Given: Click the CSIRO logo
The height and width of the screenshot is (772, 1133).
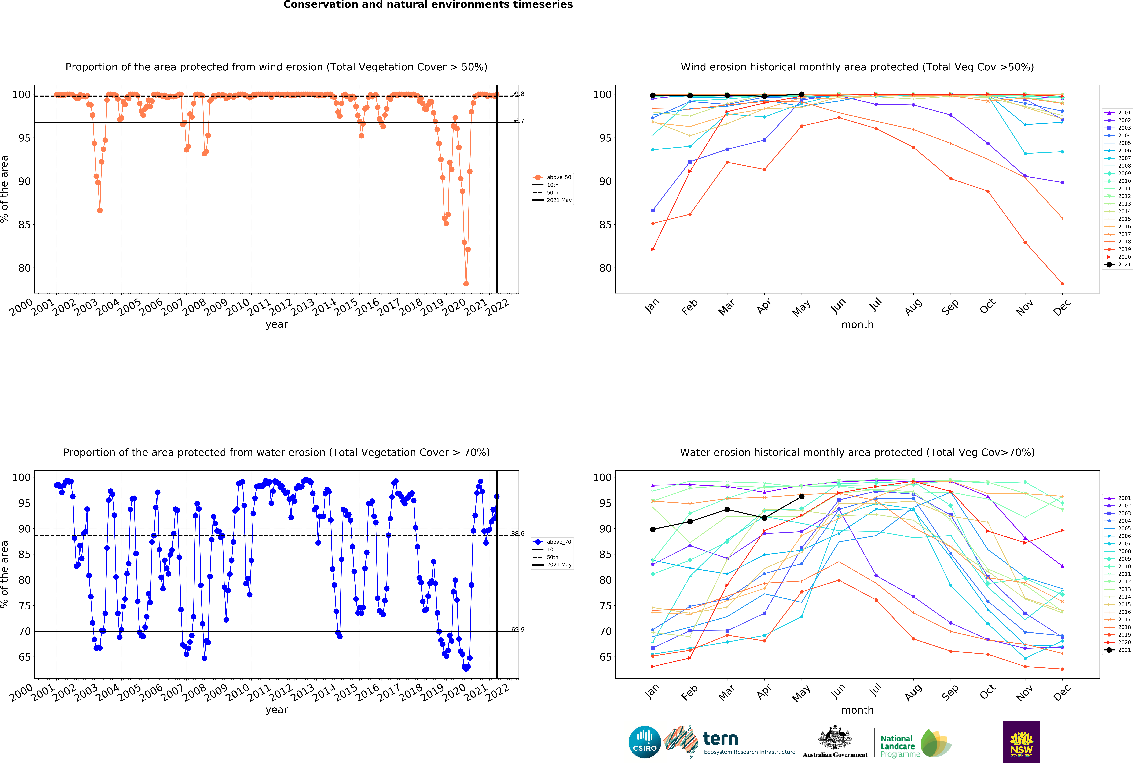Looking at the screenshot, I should (645, 742).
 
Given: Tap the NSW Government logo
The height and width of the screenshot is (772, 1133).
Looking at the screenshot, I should (1021, 742).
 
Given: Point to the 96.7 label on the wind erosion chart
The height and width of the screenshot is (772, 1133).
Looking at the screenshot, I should (517, 121).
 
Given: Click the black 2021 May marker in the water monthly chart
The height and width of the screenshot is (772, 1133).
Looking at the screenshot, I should (801, 497).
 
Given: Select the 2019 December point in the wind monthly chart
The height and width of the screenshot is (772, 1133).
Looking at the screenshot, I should (1062, 284).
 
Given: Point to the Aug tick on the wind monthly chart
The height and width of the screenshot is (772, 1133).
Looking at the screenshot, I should (913, 306).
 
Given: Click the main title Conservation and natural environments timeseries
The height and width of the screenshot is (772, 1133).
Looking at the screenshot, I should (428, 5).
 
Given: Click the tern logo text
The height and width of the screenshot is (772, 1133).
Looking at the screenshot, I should (721, 739).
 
